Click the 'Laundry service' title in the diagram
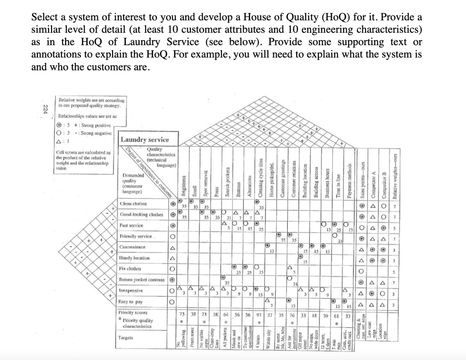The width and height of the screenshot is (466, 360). tap(145, 140)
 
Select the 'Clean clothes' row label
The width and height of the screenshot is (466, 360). tap(133, 204)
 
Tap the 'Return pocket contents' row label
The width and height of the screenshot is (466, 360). tap(142, 280)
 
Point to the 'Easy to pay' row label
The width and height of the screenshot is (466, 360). tap(130, 302)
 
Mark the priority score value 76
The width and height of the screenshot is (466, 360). tap(292, 315)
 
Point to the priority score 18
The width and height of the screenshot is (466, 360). tap(315, 315)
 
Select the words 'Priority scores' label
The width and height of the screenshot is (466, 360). tap(133, 313)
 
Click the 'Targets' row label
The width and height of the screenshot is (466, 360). tap(126, 338)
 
